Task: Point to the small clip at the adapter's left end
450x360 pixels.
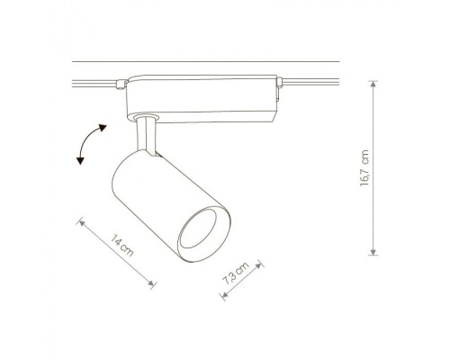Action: (121, 85)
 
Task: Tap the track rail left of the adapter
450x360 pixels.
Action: (90, 83)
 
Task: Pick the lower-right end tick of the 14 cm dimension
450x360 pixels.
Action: (154, 285)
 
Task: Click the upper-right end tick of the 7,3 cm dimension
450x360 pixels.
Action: (260, 265)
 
